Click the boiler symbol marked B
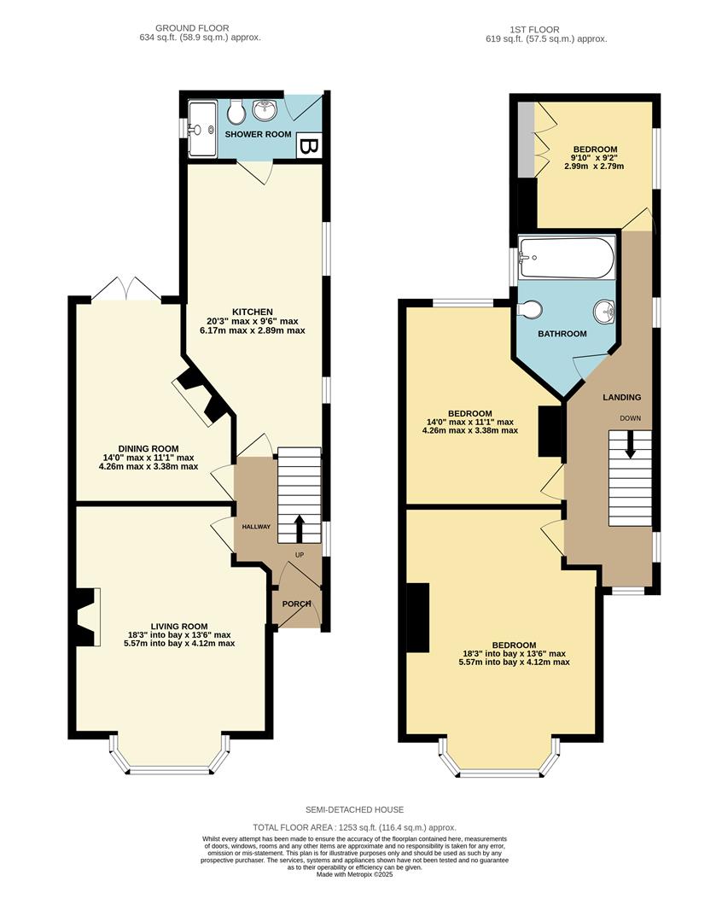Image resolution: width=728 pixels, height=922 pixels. click(x=309, y=147)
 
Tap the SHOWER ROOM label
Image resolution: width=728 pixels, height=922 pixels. click(x=258, y=135)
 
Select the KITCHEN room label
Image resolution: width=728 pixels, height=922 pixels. click(x=252, y=312)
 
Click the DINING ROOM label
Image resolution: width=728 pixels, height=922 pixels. click(x=149, y=449)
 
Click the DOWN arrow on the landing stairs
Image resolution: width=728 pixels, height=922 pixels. click(x=630, y=445)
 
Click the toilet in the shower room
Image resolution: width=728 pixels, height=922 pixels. click(x=236, y=110)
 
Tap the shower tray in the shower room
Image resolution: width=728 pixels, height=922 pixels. click(x=203, y=130)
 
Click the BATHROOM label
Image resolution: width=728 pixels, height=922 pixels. click(x=562, y=334)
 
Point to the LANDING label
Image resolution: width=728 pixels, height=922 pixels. click(x=621, y=398)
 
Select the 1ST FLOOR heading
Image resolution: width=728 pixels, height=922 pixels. click(x=545, y=28)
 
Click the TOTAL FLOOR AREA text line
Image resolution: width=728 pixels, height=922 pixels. click(x=354, y=827)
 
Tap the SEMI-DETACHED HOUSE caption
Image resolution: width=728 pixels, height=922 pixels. click(x=354, y=809)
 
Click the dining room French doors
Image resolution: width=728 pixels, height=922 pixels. click(x=126, y=290)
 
